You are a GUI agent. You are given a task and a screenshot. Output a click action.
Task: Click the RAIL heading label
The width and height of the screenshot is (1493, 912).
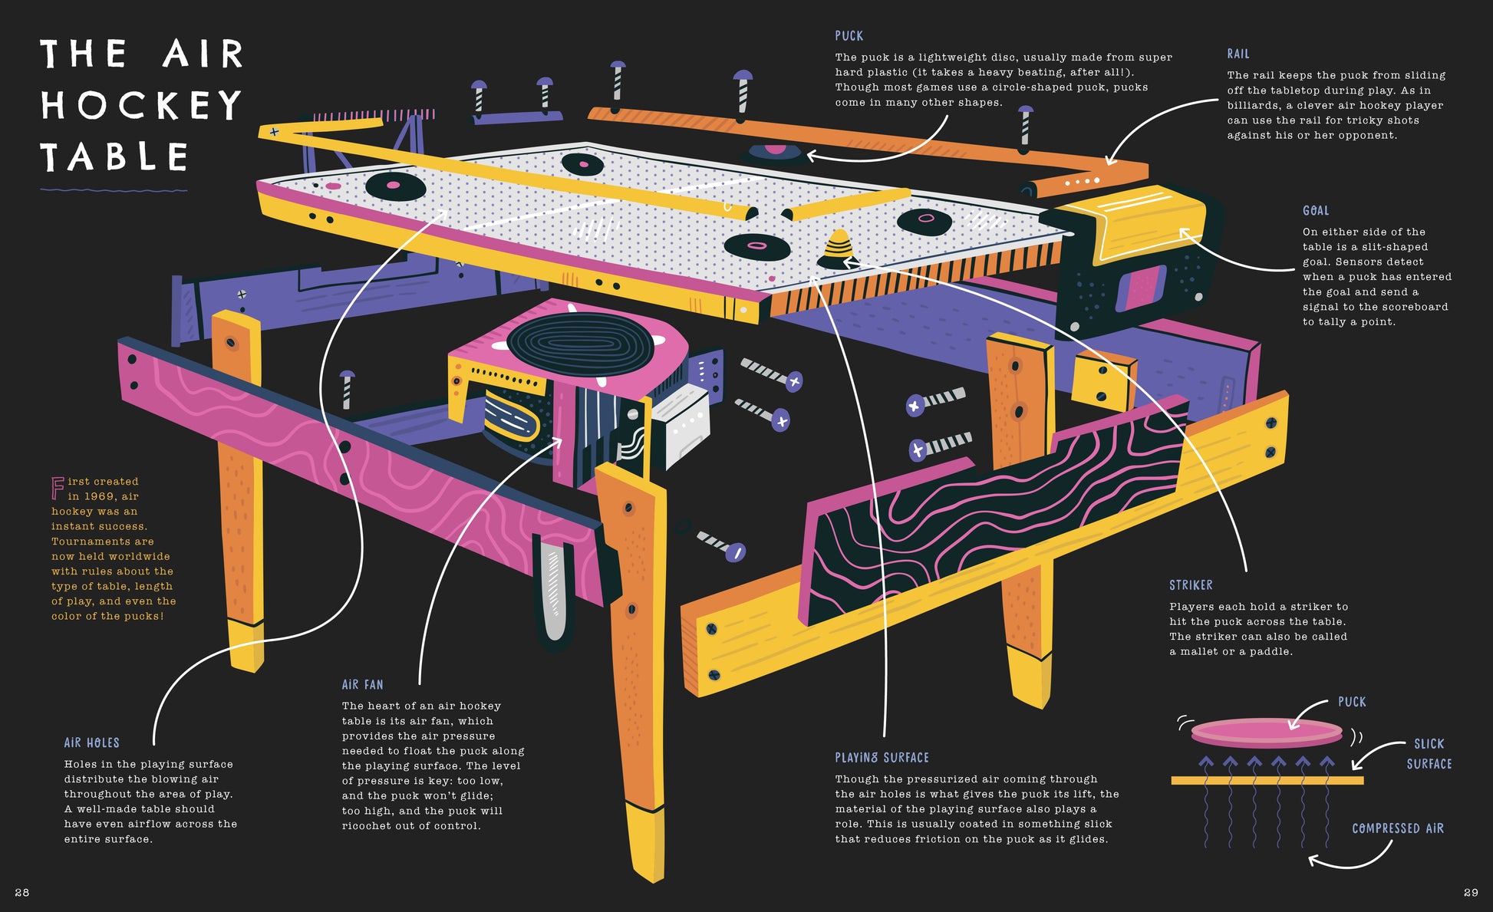pos(1238,54)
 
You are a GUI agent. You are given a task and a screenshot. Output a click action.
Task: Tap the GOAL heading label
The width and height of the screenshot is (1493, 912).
pos(1315,210)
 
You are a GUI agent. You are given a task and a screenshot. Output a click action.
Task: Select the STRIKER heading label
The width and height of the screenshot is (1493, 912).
pos(1191,585)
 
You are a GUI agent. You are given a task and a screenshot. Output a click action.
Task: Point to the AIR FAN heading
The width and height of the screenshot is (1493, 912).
pos(362,684)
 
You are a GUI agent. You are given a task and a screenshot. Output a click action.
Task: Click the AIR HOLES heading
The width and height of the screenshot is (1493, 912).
pos(91,742)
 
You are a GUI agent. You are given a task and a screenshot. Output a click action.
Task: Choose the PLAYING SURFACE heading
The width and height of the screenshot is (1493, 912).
pos(882,758)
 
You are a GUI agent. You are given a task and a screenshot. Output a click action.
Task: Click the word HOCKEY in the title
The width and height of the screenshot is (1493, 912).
pos(141,105)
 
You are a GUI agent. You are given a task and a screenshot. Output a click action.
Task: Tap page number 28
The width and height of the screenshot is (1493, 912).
pos(22,892)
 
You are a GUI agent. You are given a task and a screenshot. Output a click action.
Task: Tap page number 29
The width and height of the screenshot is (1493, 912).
pos(1470,892)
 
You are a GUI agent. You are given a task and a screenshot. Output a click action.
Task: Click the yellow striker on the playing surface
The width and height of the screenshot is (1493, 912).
pos(839,246)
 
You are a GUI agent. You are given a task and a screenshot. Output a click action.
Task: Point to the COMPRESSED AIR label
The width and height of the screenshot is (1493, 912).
pos(1397,828)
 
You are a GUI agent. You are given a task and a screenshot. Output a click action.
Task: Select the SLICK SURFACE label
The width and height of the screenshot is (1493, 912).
pos(1429,753)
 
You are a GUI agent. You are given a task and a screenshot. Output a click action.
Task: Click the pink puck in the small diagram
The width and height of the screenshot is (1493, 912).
pos(1266,731)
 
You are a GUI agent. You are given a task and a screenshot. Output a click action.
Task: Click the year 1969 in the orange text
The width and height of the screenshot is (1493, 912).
pos(100,496)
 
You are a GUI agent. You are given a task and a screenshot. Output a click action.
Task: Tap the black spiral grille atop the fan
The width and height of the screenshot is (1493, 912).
pos(580,344)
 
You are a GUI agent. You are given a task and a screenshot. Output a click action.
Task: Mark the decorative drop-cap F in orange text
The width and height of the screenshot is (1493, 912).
pos(58,488)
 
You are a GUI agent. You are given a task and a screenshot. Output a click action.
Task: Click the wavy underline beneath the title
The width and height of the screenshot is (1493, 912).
pos(114,189)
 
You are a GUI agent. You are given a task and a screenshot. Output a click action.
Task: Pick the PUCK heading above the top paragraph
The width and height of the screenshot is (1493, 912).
pos(849,36)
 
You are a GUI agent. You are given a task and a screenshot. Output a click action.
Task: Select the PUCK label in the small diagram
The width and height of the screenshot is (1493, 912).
pos(1351,702)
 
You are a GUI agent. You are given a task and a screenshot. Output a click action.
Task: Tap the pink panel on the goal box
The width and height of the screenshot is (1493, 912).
pos(1141,288)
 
